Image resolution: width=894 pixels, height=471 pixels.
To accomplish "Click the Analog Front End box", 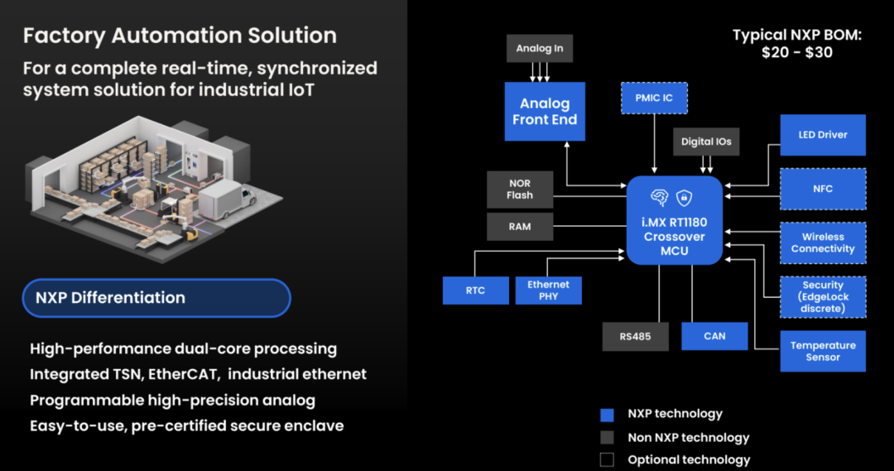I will click(544, 111).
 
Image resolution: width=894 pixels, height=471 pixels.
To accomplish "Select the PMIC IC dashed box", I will click(654, 99).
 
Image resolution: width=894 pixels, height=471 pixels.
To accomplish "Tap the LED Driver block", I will click(823, 135).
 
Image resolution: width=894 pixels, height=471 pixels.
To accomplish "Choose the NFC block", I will click(823, 189).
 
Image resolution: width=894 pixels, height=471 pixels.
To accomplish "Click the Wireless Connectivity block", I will click(823, 243).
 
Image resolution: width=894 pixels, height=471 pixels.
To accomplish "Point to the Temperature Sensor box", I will click(823, 351).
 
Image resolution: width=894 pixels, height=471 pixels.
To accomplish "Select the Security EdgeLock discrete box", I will click(823, 297).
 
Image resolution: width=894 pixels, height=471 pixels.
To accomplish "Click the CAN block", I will click(714, 336).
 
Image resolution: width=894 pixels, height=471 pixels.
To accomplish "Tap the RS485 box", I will click(635, 337).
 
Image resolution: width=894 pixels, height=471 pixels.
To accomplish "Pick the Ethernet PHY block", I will click(548, 291).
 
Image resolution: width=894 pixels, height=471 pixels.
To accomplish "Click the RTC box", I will click(475, 291).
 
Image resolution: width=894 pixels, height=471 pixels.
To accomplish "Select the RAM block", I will click(520, 226).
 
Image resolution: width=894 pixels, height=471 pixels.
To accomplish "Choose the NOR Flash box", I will click(520, 190).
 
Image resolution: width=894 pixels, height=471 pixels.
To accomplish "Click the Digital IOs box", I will click(706, 142).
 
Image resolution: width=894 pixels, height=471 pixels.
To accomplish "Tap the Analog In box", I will click(539, 49).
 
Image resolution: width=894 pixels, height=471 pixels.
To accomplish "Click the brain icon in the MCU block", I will click(660, 197).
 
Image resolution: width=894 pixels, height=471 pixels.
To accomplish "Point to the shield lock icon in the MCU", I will click(685, 197).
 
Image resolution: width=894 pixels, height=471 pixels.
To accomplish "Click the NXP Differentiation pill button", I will click(157, 298).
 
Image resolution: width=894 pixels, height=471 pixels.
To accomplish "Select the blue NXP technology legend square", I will click(607, 414).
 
